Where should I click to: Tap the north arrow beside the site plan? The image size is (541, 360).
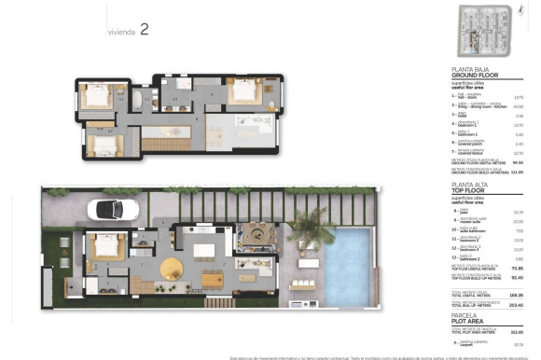point(518,10)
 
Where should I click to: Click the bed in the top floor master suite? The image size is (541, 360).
point(243,92)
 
